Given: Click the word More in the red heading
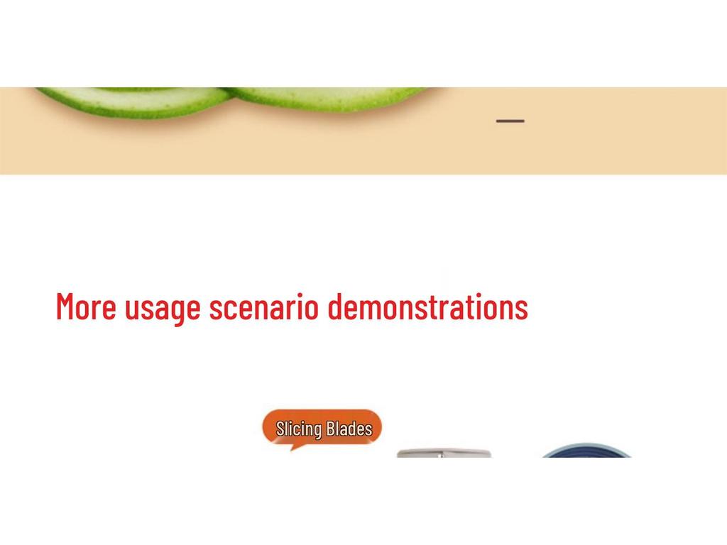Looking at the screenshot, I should pyautogui.click(x=86, y=307).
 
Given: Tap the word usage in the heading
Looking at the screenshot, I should pyautogui.click(x=163, y=309).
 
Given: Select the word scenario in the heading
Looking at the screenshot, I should pyautogui.click(x=263, y=307).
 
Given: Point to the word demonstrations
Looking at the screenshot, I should pyautogui.click(x=427, y=307).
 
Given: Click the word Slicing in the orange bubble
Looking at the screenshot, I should pyautogui.click(x=299, y=429).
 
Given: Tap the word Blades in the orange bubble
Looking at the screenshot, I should pyautogui.click(x=349, y=429).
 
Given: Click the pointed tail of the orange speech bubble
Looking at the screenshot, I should pyautogui.click(x=293, y=446).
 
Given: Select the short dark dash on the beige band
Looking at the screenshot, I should pyautogui.click(x=510, y=121).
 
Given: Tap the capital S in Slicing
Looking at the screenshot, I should pyautogui.click(x=280, y=429).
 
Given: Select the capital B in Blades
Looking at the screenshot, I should pyautogui.click(x=330, y=429).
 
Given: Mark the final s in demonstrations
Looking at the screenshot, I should pyautogui.click(x=522, y=309).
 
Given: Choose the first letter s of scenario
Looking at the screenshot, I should pyautogui.click(x=215, y=309).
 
